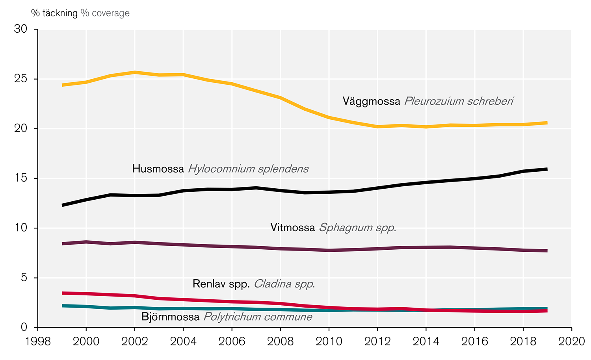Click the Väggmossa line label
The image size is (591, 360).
tap(428, 101)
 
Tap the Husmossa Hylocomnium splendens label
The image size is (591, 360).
tap(220, 169)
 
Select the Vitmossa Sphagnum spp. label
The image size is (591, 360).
tap(333, 228)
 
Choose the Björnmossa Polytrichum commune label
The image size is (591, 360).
tap(227, 317)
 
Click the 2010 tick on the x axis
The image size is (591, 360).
tap(329, 341)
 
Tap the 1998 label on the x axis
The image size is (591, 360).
tap(38, 341)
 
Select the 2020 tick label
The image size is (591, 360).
tap(572, 341)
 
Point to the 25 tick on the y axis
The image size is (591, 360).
tap(20, 79)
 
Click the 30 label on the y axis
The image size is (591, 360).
tap(20, 29)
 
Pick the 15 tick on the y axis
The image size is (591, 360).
tap(20, 178)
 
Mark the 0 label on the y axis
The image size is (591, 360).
tap(24, 327)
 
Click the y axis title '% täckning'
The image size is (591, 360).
tap(54, 13)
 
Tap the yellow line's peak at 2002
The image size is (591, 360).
tap(135, 72)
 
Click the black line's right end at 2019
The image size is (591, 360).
tap(547, 169)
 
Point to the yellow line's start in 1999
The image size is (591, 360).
tap(62, 85)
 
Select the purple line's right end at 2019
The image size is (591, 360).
tap(547, 251)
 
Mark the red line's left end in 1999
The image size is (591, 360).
tap(62, 293)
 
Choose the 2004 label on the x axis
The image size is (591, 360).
tap(183, 341)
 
